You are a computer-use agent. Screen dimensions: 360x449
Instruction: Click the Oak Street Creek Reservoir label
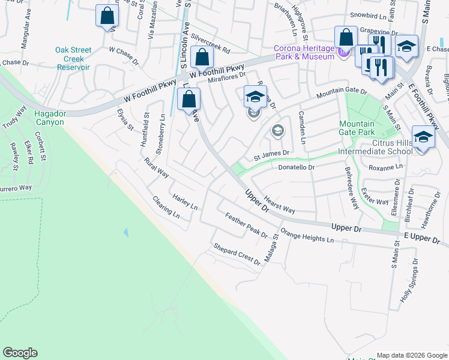pos(73,59)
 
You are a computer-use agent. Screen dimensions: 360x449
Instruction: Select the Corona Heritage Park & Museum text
pos(303,53)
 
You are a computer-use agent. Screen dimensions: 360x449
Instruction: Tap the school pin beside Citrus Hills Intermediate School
pos(423,138)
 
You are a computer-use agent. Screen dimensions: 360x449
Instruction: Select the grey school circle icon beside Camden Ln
pos(277,130)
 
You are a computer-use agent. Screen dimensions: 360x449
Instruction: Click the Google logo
pos(20,353)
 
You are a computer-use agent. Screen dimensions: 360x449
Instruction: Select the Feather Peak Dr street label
pos(246,224)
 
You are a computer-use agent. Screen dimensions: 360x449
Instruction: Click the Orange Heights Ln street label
pos(307,236)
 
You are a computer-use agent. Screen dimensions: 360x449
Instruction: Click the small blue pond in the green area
pos(125,232)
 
